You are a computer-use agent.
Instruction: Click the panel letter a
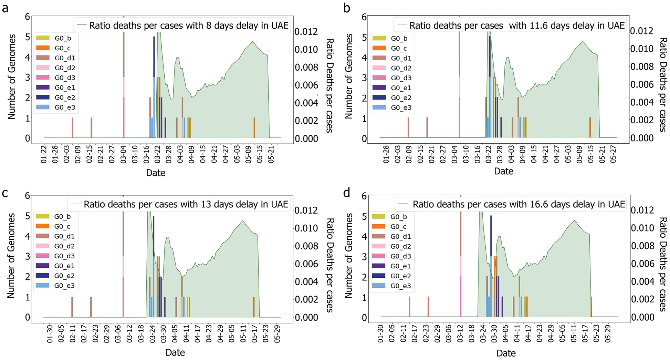[x=5, y=8]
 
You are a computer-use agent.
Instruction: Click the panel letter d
[x=347, y=193]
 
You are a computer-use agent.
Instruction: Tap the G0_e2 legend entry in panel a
[x=64, y=97]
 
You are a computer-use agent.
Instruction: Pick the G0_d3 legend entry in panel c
[x=64, y=256]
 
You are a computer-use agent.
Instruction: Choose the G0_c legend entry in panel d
[x=398, y=227]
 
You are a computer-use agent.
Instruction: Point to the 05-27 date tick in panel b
[x=613, y=154]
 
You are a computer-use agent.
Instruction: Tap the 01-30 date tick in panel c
[x=50, y=333]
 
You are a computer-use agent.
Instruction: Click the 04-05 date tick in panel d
[x=505, y=333]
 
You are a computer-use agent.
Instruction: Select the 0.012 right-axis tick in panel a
[x=306, y=32]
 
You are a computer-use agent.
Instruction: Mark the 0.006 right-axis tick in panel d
[x=642, y=264]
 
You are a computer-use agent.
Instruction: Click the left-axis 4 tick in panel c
[x=27, y=236]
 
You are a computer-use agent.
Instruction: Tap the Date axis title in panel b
[x=503, y=171]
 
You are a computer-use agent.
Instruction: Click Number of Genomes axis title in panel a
[x=12, y=76]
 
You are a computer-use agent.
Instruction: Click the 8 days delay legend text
[x=189, y=25]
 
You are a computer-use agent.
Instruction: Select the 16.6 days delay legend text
[x=519, y=204]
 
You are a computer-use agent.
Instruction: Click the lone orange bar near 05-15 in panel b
[x=590, y=127]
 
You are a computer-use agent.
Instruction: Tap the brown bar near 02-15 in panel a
[x=91, y=127]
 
